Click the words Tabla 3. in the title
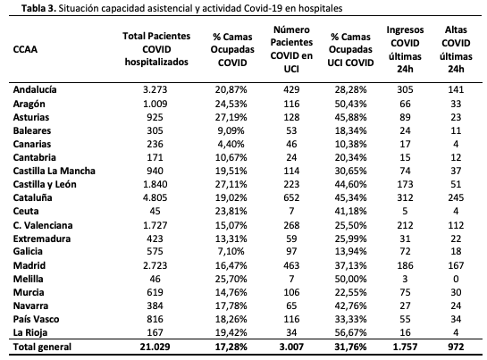coord(38,8)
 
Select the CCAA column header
coord(25,49)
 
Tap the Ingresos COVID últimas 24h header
coord(405,49)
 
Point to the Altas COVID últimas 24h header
coord(456,49)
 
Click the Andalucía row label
coord(35,89)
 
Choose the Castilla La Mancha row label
coord(54,171)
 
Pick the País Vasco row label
coord(36,319)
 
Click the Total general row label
coord(42,347)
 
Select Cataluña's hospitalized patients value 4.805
coord(155,197)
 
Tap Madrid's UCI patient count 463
coord(291,265)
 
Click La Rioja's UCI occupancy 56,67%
coord(350,332)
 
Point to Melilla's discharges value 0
coord(456,279)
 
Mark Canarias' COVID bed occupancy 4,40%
coord(231,144)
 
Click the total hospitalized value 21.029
coord(155,347)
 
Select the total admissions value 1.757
coord(405,347)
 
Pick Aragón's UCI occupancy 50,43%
coord(350,104)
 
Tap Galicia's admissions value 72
coord(405,251)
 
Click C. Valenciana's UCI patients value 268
coord(291,225)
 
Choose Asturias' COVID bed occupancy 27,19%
coord(231,117)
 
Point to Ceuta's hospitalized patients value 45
coord(155,211)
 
